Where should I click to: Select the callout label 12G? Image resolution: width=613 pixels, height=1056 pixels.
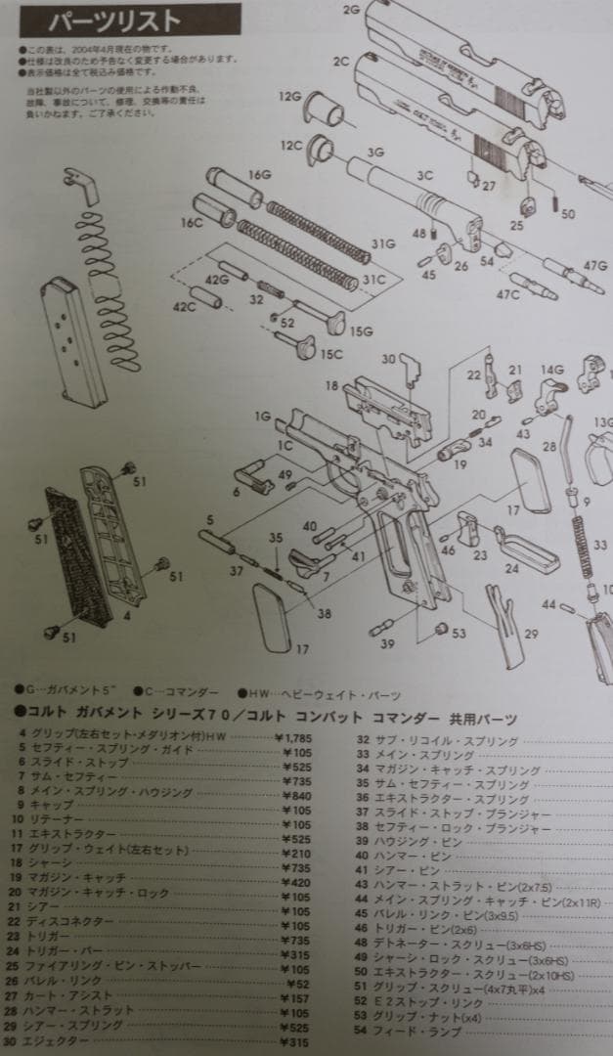point(289,98)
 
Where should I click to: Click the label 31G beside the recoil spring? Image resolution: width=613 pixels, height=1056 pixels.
point(382,243)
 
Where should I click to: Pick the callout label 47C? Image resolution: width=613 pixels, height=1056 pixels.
point(507,294)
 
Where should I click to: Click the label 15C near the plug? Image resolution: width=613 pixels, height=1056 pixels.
point(331,354)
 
